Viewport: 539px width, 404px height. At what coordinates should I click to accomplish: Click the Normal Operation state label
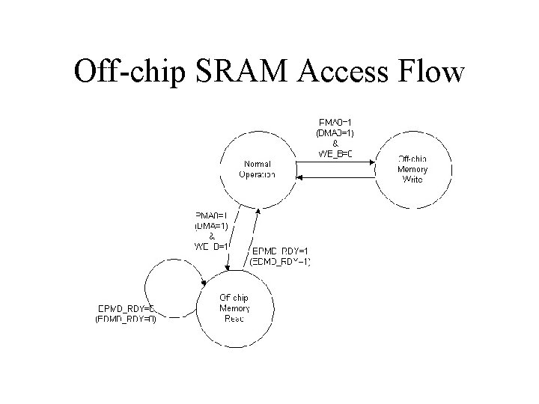[257, 169]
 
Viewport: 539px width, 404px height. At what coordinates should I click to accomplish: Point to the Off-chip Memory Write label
[412, 169]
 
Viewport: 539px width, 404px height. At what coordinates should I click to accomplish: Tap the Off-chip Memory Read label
[234, 308]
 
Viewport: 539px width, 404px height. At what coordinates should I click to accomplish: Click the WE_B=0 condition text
[335, 154]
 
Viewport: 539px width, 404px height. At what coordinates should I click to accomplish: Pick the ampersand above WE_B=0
[335, 144]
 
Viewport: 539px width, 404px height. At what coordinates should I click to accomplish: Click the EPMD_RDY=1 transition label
[281, 251]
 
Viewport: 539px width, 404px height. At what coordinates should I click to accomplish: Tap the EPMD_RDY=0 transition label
[127, 308]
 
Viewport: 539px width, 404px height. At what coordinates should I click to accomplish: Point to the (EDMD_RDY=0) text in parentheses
[126, 319]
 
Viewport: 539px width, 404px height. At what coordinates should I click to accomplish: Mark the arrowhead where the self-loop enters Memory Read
[204, 284]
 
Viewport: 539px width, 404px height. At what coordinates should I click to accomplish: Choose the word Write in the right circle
[412, 180]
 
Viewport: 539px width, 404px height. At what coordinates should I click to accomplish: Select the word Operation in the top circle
[257, 174]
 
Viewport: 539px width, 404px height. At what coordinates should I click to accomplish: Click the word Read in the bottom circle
[234, 319]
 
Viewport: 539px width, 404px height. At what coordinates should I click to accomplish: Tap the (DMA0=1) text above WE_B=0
[335, 133]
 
